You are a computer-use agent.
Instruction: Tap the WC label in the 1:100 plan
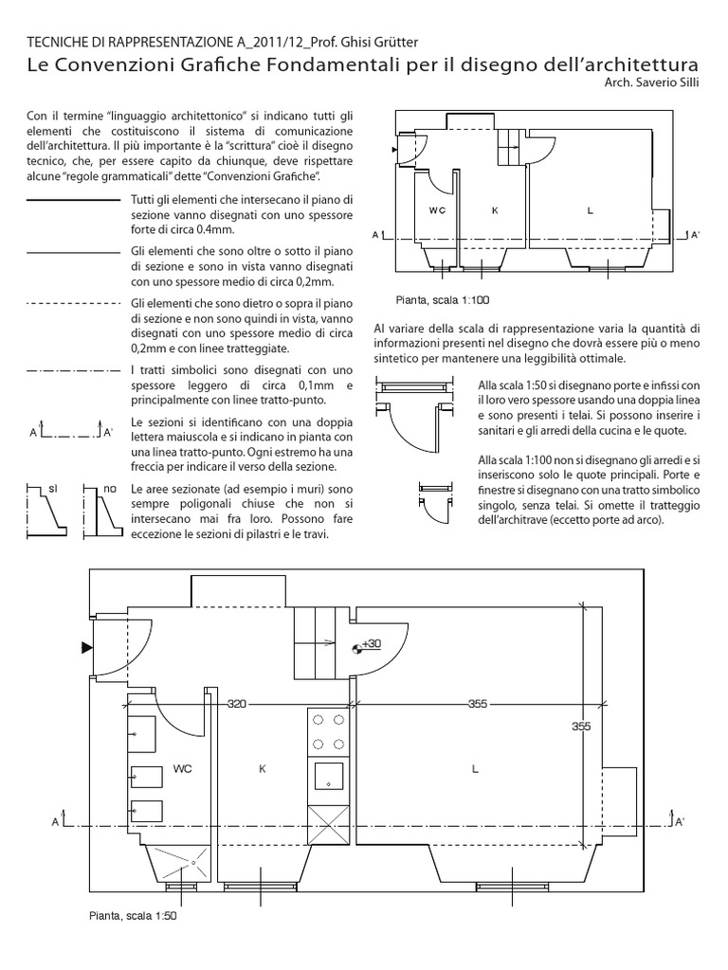[x=437, y=210]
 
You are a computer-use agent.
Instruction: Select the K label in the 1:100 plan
[x=495, y=210]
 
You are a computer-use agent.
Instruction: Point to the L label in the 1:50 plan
[x=476, y=769]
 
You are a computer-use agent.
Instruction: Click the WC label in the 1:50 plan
[x=183, y=769]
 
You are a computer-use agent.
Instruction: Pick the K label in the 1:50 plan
[x=263, y=769]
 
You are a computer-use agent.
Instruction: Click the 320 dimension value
[x=237, y=704]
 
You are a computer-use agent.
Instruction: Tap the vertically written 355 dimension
[x=582, y=727]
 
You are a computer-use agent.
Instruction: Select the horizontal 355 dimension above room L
[x=478, y=704]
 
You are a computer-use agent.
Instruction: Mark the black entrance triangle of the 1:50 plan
[x=86, y=647]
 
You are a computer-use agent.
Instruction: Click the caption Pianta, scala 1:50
[x=134, y=916]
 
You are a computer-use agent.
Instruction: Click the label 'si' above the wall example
[x=53, y=487]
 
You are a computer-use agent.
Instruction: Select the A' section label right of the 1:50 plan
[x=679, y=823]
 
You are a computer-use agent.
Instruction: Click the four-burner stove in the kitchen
[x=327, y=732]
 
